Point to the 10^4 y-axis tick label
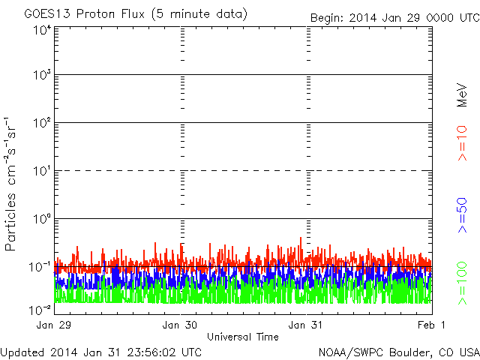coord(41,30)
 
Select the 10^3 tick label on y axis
coord(41,76)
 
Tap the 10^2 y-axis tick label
coord(41,124)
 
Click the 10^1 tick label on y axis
coord(41,172)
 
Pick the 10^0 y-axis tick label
coord(41,220)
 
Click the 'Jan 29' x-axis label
coord(53,325)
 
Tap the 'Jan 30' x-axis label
coord(181,325)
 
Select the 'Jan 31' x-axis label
coord(307,325)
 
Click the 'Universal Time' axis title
coord(243,337)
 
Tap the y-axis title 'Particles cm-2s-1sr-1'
coord(13,184)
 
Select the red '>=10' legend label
coord(463,142)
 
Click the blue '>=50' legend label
coord(463,214)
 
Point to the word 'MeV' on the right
coord(463,96)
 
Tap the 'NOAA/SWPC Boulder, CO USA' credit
coord(397,352)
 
